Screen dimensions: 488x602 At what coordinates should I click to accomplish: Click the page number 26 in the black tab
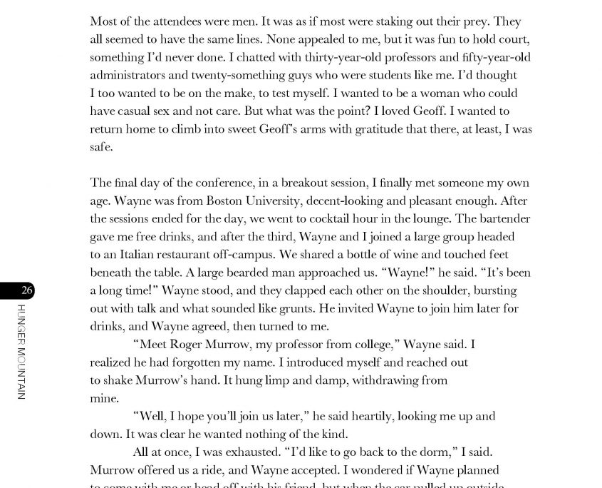27,290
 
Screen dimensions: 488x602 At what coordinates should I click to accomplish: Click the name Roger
189,345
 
